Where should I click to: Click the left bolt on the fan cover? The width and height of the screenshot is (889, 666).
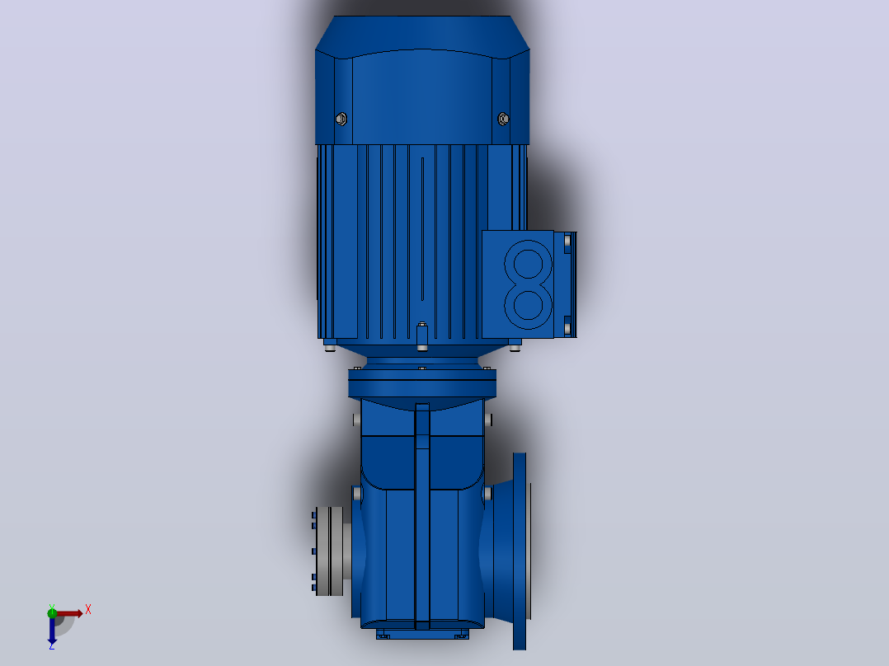click(341, 119)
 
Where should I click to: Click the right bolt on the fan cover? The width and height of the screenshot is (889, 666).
click(503, 119)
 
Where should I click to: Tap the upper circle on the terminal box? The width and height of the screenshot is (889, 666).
click(528, 264)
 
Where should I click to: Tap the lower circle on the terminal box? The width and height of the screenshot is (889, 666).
click(528, 305)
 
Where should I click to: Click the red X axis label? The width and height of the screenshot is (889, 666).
click(88, 610)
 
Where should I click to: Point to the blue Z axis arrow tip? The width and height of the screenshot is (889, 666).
click(52, 645)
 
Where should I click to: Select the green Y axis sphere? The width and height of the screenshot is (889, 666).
click(52, 612)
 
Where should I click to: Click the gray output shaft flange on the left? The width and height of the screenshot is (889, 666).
click(329, 551)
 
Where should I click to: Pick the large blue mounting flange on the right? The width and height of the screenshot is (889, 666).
click(520, 551)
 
